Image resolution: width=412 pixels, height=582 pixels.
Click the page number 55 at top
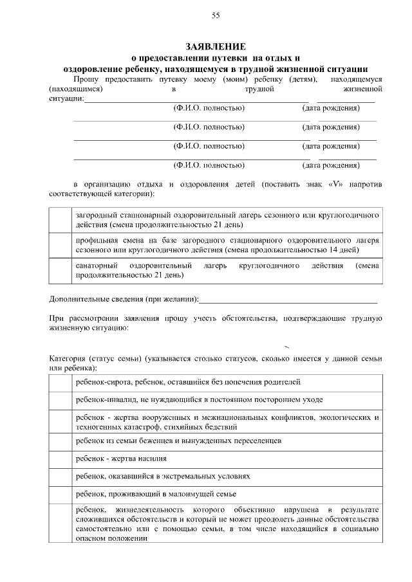point(216,15)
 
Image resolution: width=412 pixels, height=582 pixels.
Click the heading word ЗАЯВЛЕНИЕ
point(216,47)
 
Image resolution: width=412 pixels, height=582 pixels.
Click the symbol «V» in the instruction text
point(334,185)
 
